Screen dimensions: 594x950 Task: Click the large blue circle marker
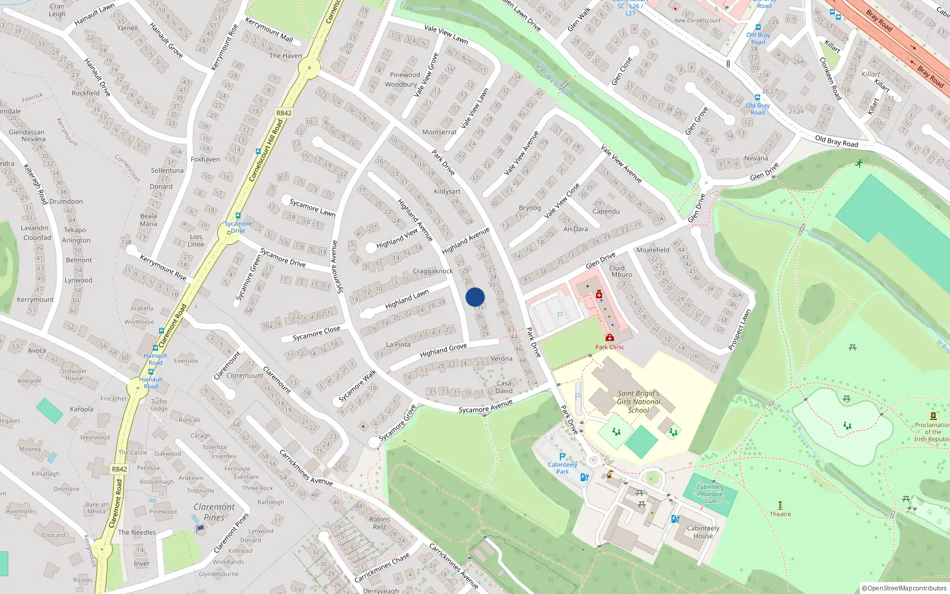tap(475, 297)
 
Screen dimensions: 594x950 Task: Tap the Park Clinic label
tap(610, 347)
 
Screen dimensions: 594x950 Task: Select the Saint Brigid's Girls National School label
tap(638, 402)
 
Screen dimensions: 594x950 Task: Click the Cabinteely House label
tap(703, 532)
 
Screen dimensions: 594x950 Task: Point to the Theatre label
tap(780, 514)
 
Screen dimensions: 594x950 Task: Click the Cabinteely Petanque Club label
tap(710, 494)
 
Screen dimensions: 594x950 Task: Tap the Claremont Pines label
tap(214, 512)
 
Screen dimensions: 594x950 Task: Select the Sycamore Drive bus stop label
tap(238, 227)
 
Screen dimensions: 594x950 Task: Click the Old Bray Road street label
tap(836, 141)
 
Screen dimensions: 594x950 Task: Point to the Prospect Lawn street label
tap(739, 329)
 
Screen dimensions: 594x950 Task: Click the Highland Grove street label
tap(443, 350)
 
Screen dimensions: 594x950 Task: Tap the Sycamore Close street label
tap(316, 333)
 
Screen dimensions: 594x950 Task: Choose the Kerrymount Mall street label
tap(269, 30)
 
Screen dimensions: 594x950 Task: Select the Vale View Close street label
tap(562, 201)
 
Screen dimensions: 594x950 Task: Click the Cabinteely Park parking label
tap(562, 468)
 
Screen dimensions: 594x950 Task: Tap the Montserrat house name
tap(439, 132)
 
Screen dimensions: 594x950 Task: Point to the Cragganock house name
tap(433, 271)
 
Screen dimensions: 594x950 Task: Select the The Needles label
tap(137, 532)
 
